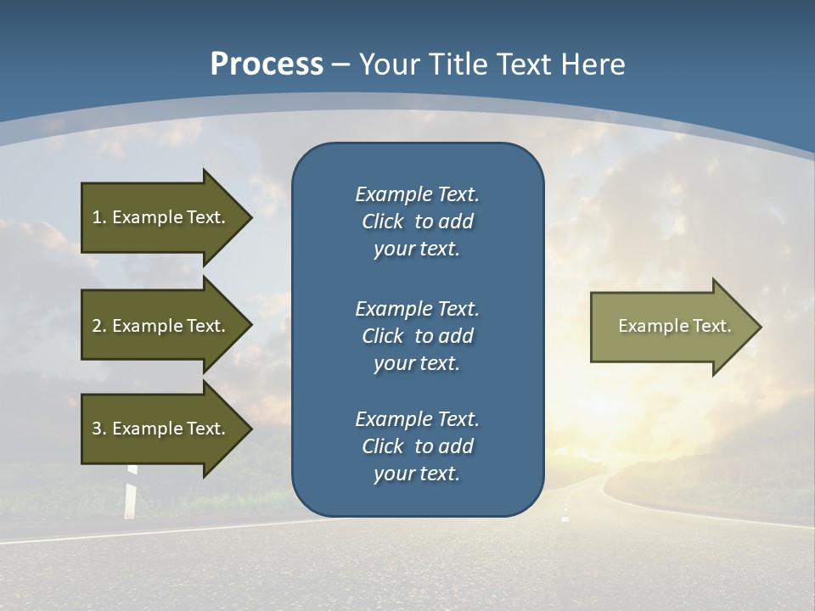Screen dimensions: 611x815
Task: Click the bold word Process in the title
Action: pos(267,64)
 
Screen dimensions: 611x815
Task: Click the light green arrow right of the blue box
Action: pos(671,327)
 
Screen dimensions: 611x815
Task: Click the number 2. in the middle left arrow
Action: pos(98,326)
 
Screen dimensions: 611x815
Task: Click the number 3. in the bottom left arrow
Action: pos(98,429)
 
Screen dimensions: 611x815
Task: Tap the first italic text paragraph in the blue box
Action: pos(417,221)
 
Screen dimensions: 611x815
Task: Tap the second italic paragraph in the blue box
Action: pos(417,335)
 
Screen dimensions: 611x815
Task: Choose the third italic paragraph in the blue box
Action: pos(417,446)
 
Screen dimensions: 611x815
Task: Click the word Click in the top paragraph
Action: pos(382,221)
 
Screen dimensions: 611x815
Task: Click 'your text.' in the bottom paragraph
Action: pos(417,474)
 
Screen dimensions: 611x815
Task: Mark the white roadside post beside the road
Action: pos(130,497)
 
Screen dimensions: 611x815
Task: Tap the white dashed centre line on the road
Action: pos(565,516)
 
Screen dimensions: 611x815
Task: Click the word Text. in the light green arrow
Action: pos(711,326)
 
